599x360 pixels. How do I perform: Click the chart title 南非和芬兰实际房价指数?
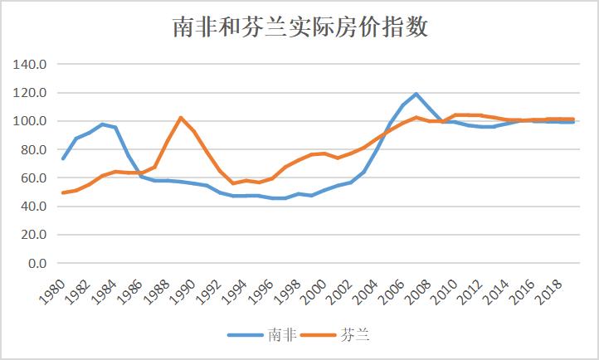[x=299, y=27]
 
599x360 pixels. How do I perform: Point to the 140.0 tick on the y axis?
[x=31, y=65]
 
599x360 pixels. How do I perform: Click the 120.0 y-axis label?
[x=31, y=93]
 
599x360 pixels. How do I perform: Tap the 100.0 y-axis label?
[x=31, y=121]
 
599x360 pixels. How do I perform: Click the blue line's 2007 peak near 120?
[x=416, y=94]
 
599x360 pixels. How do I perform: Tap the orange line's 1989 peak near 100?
[x=181, y=118]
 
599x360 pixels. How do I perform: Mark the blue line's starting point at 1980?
[x=63, y=158]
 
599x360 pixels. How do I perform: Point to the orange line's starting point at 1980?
[x=63, y=192]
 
